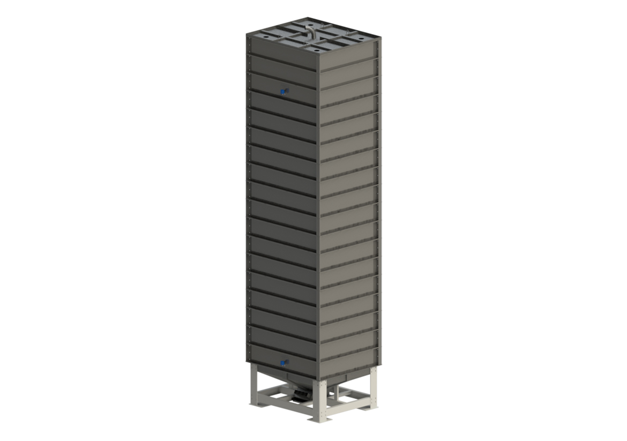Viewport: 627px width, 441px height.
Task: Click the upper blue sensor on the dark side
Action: tap(284, 92)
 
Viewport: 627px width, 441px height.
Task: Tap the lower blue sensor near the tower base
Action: tap(283, 363)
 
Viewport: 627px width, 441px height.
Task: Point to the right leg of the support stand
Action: tap(373, 386)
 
